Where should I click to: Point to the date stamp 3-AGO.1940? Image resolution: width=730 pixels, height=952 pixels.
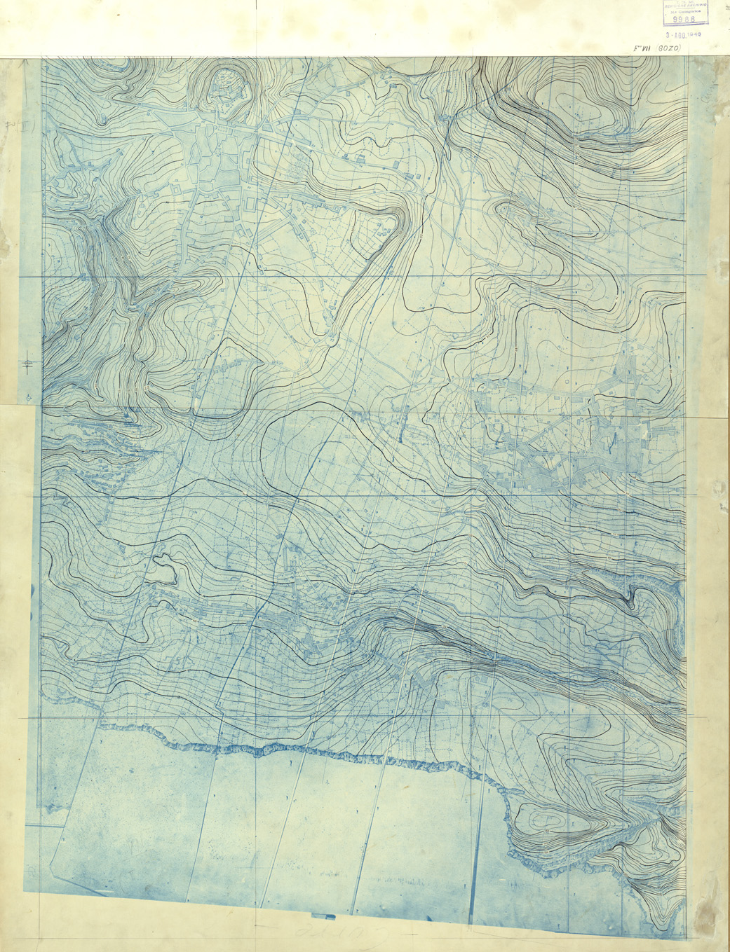(684, 34)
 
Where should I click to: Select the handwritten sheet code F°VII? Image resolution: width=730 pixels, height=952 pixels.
(640, 50)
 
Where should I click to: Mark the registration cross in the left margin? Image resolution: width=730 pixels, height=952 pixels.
(28, 364)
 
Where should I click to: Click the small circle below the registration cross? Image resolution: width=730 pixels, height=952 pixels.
(28, 396)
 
